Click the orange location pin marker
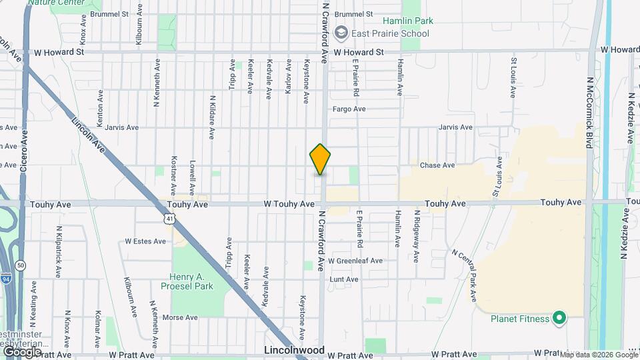[x=320, y=159]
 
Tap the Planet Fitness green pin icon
[x=559, y=318]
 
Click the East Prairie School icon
[x=341, y=33]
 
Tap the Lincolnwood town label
[x=294, y=350]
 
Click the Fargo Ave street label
[x=349, y=109]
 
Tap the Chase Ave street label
[x=437, y=165]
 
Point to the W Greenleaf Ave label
[x=357, y=261]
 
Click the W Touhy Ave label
[x=289, y=203]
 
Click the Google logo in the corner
[x=22, y=351]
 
